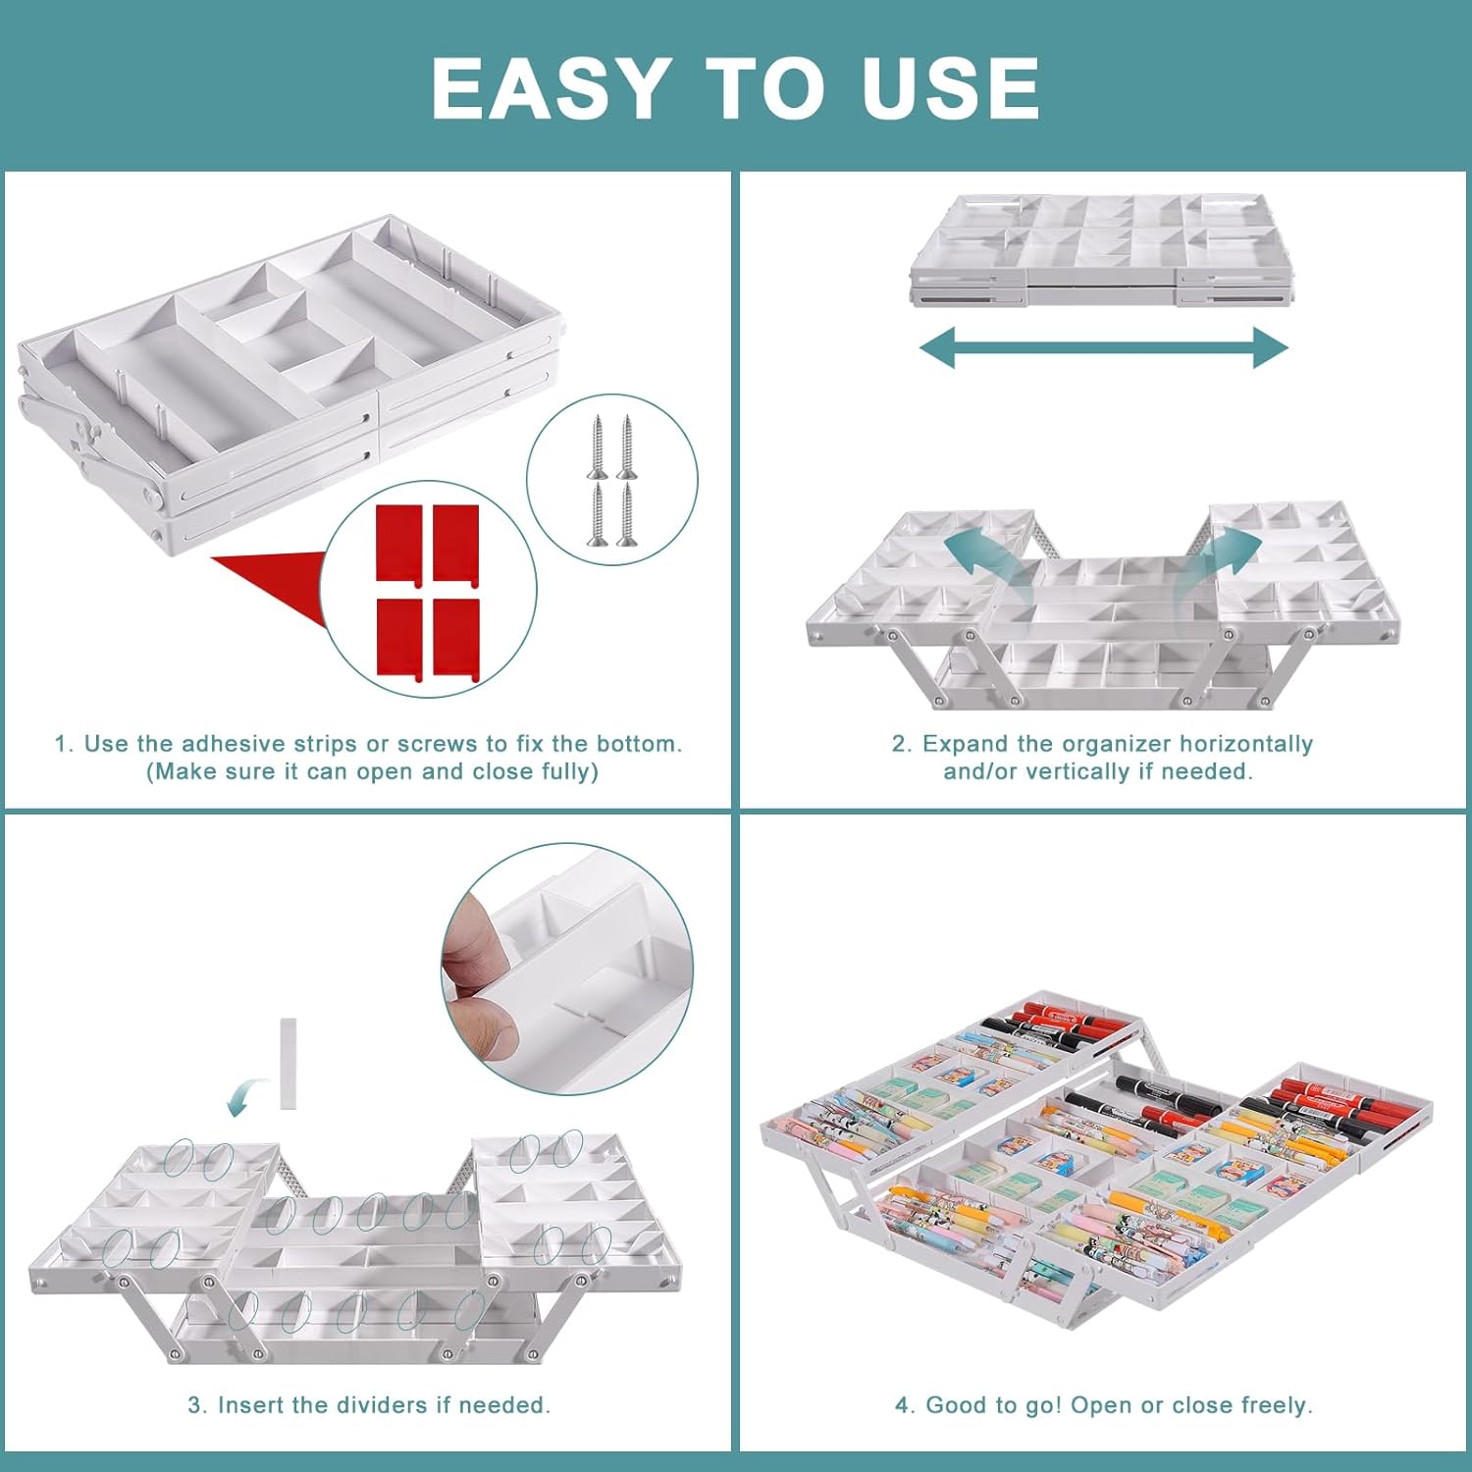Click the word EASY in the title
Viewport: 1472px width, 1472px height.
tap(552, 88)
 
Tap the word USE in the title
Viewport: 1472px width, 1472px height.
tap(950, 88)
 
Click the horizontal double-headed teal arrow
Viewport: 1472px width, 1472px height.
tap(1103, 347)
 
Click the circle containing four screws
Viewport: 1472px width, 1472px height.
tap(612, 480)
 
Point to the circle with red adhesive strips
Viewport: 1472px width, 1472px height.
tap(429, 589)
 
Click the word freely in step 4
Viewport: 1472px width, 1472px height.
tap(1276, 1406)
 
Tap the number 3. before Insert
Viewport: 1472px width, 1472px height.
tap(198, 1405)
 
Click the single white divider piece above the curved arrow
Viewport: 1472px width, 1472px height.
tap(289, 1064)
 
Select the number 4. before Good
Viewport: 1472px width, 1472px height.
tap(906, 1405)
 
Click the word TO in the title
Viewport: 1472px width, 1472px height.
tap(766, 88)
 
